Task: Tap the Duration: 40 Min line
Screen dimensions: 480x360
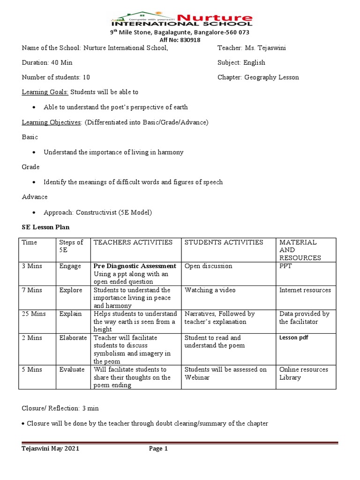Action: tap(47, 62)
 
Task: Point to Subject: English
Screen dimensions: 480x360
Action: tap(241, 62)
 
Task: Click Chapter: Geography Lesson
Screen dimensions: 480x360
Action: tap(258, 77)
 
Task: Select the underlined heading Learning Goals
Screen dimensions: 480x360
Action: tap(45, 92)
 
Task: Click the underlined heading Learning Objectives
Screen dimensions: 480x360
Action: tap(52, 122)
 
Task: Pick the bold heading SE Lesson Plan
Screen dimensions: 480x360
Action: tap(45, 227)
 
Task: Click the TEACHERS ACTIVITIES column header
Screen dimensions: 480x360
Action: tap(133, 242)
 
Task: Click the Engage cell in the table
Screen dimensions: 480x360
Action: tap(70, 266)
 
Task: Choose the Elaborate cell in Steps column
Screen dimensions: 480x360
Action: tap(73, 337)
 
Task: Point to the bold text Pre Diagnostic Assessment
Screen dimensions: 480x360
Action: tap(135, 266)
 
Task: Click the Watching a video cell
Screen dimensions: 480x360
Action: tap(210, 290)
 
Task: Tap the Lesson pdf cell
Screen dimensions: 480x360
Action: tap(293, 337)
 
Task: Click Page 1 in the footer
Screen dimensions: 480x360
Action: tap(158, 449)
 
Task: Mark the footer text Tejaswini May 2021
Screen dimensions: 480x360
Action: tap(51, 449)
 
